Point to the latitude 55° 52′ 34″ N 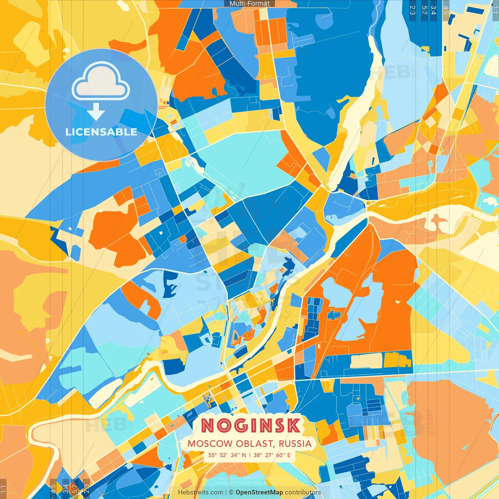pyautogui.click(x=227, y=455)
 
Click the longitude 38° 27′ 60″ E pyautogui.click(x=272, y=455)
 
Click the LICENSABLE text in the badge pyautogui.click(x=101, y=132)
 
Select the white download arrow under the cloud pyautogui.click(x=96, y=113)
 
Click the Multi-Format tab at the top pyautogui.click(x=249, y=4)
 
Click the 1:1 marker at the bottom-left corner pyautogui.click(x=4, y=489)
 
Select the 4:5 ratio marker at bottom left pyautogui.click(x=53, y=489)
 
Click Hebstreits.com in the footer pyautogui.click(x=200, y=492)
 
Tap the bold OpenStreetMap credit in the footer pyautogui.click(x=259, y=492)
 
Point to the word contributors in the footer pyautogui.click(x=303, y=492)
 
